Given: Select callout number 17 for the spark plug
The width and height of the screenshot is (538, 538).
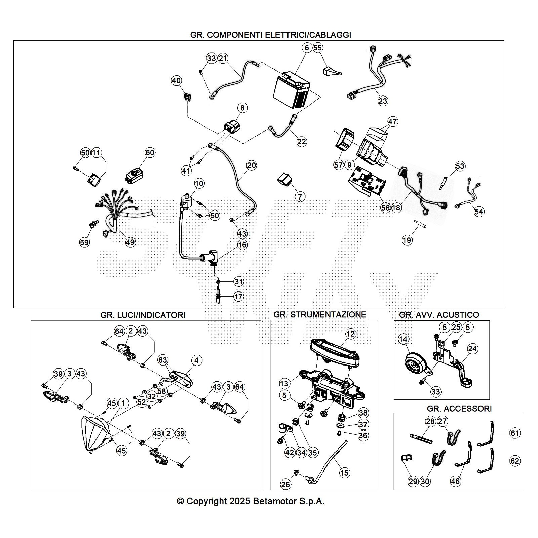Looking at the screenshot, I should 238,297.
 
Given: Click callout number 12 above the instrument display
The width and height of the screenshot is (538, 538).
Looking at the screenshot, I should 350,334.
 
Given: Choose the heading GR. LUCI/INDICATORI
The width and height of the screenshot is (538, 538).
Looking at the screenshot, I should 143,315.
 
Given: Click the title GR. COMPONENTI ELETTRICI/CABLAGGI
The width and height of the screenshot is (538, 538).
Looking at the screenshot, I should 271,35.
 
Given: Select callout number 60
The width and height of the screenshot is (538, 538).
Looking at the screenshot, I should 150,153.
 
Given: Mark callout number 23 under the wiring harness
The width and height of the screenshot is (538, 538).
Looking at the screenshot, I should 383,101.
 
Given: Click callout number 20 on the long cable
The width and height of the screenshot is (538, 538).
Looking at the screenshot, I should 252,165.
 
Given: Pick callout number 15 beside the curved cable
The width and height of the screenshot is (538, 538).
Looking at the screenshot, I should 344,473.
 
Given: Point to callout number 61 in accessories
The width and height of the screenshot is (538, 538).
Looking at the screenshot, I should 515,433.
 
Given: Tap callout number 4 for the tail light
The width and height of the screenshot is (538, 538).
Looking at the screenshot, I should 196,360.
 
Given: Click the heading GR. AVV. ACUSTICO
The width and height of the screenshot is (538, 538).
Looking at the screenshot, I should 439,315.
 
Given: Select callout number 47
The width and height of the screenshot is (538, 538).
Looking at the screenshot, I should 392,121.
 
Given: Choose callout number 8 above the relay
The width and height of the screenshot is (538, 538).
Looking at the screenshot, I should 242,108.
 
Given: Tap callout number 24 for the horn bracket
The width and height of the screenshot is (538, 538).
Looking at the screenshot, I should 472,349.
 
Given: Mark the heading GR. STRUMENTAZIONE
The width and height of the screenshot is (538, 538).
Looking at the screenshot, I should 319,315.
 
